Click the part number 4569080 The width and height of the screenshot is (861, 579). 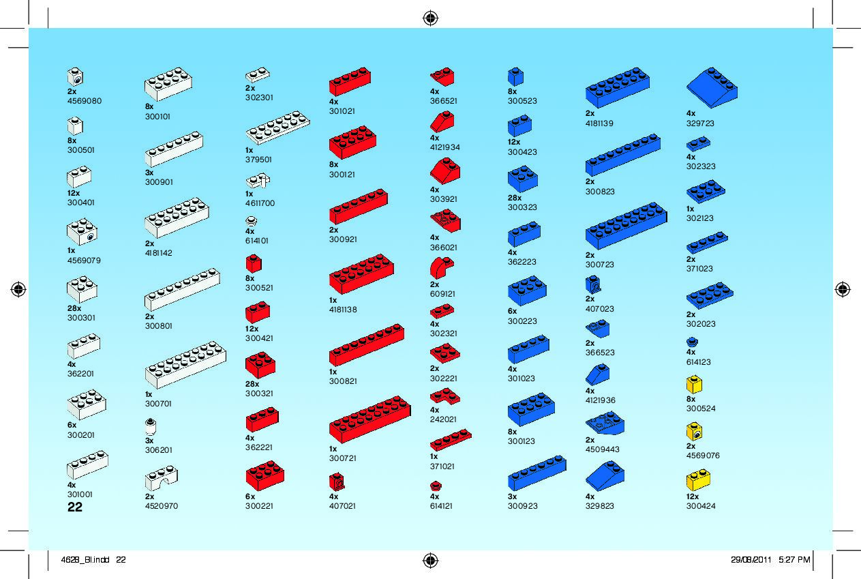85,101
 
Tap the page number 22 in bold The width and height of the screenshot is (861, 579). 75,507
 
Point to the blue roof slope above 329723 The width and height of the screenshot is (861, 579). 711,87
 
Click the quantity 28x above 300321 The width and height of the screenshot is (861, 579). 252,384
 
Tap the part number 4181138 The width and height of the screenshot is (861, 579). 343,310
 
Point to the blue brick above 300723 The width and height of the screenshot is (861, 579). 626,226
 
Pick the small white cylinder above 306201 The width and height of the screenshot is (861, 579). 151,427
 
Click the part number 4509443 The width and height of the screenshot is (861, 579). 602,449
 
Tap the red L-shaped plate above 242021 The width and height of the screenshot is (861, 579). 444,396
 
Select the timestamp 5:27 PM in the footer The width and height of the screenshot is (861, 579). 794,560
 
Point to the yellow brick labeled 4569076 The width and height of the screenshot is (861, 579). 694,431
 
